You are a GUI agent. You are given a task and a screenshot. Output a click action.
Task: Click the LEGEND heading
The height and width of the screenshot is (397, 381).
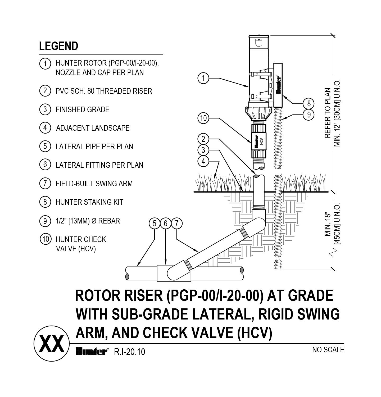click(x=58, y=46)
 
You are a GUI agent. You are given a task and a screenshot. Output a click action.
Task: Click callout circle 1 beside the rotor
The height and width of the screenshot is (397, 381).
click(x=203, y=78)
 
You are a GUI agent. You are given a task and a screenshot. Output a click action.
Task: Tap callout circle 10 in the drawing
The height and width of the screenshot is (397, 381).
click(x=203, y=118)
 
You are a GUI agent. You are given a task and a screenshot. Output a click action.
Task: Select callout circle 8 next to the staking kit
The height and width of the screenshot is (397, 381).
click(x=309, y=103)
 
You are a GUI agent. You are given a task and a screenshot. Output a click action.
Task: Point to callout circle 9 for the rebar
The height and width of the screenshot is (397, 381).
click(x=309, y=115)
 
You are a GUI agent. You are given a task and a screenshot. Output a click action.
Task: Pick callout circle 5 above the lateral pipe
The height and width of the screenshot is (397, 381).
click(x=154, y=223)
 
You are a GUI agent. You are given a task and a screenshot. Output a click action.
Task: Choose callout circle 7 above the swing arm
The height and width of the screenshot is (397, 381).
click(x=177, y=223)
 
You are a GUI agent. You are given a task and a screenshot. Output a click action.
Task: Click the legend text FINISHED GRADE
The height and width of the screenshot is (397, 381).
click(x=82, y=109)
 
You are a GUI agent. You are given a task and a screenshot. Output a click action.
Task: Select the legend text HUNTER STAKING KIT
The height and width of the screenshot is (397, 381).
click(x=89, y=202)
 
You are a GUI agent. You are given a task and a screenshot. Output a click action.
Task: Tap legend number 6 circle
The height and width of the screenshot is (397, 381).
click(x=45, y=165)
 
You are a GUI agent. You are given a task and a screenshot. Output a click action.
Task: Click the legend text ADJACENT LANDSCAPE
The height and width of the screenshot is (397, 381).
click(x=93, y=128)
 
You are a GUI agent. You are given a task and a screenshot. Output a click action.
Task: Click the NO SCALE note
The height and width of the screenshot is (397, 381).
click(x=328, y=350)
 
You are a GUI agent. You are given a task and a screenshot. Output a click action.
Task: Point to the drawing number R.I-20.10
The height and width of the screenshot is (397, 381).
click(x=129, y=352)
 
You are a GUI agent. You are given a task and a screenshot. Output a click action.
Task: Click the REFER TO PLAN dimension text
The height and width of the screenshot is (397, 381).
click(x=328, y=113)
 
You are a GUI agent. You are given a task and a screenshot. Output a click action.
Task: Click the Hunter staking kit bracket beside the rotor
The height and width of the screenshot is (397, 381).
click(x=279, y=85)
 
